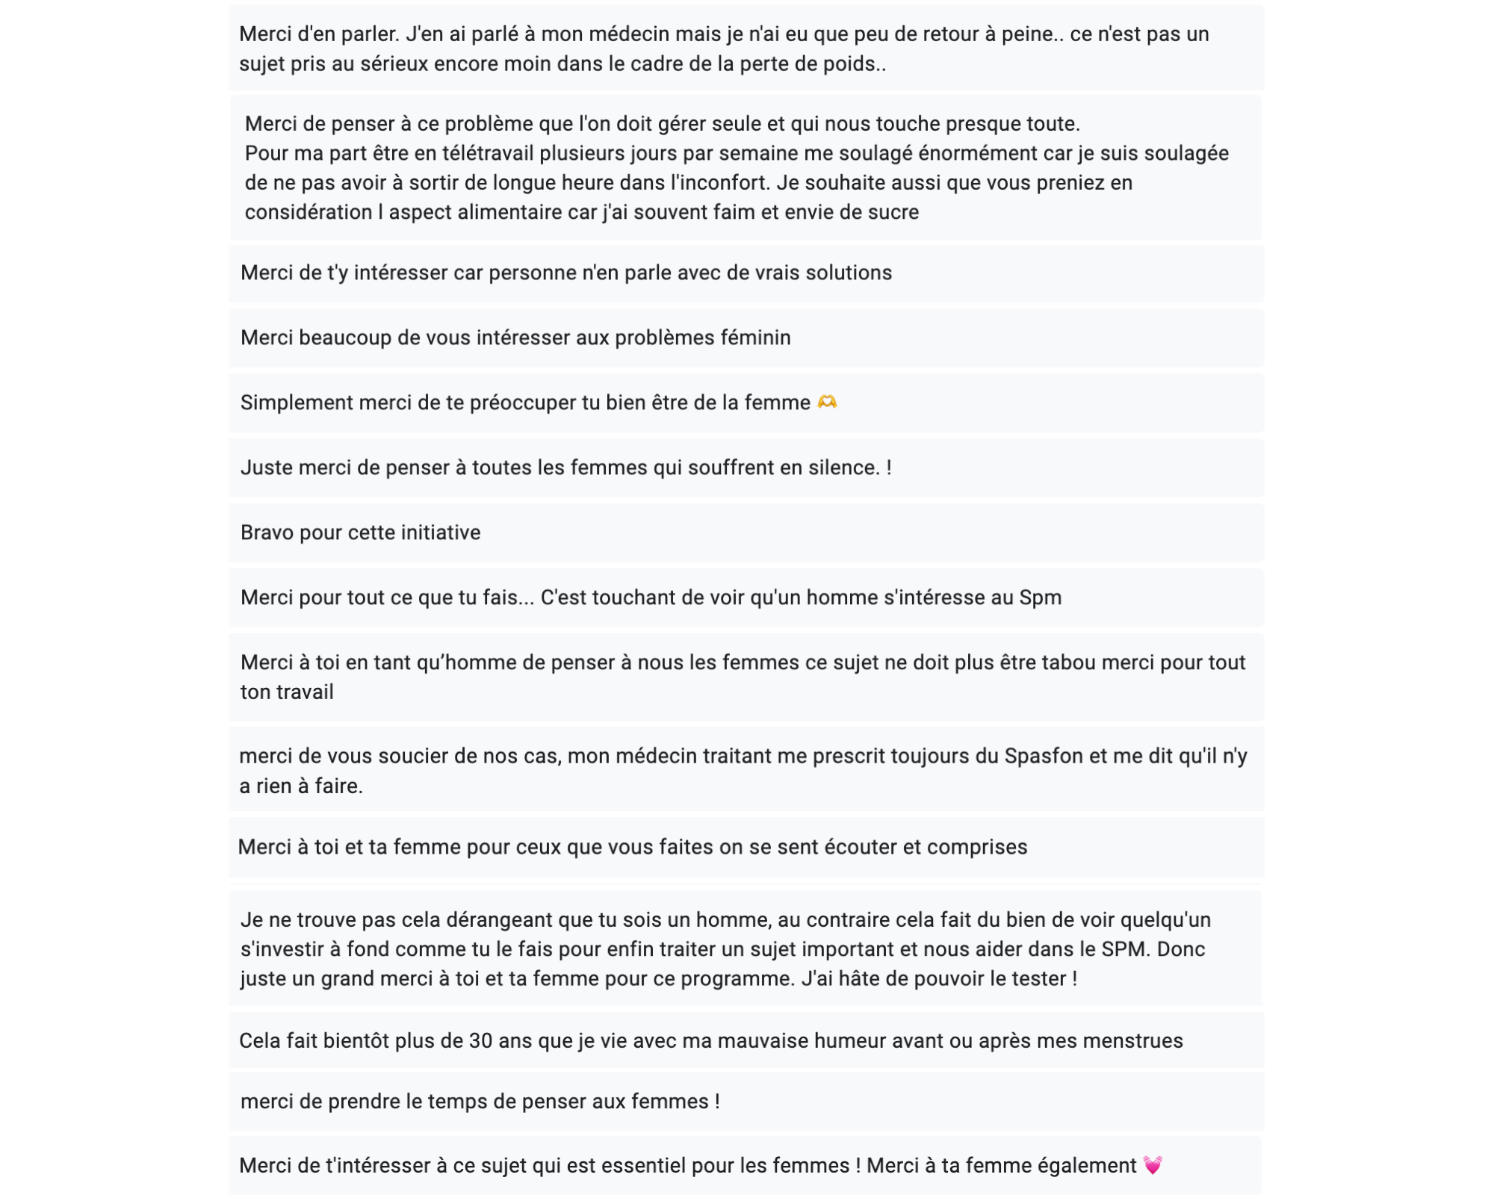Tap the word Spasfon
click(1043, 756)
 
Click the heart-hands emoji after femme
click(827, 403)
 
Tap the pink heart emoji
click(1153, 1165)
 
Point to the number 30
click(480, 1040)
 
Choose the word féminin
click(755, 338)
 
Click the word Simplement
click(296, 403)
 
